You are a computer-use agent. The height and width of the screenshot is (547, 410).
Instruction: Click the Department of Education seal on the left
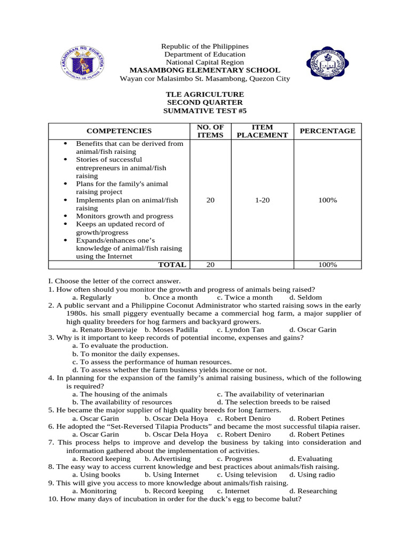[x=81, y=63]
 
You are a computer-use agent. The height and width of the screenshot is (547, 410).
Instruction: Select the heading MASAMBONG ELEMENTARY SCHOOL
[x=205, y=70]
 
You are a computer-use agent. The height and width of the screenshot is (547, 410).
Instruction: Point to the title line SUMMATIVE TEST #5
[x=205, y=110]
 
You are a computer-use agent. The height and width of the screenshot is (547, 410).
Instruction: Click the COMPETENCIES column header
[x=119, y=131]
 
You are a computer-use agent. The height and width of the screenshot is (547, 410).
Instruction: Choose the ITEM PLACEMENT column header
[x=262, y=131]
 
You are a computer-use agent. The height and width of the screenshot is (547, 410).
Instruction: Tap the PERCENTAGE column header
[x=327, y=131]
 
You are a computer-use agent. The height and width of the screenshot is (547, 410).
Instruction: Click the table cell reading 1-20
[x=262, y=200]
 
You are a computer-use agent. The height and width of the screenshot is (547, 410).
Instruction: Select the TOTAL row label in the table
[x=172, y=264]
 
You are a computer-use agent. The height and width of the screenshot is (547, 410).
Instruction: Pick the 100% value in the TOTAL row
[x=327, y=264]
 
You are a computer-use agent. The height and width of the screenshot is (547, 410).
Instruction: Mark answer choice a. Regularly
[x=92, y=297]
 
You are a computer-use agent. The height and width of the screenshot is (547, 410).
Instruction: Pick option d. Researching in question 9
[x=313, y=491]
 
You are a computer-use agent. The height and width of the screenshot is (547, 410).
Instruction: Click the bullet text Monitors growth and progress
[x=124, y=216]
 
